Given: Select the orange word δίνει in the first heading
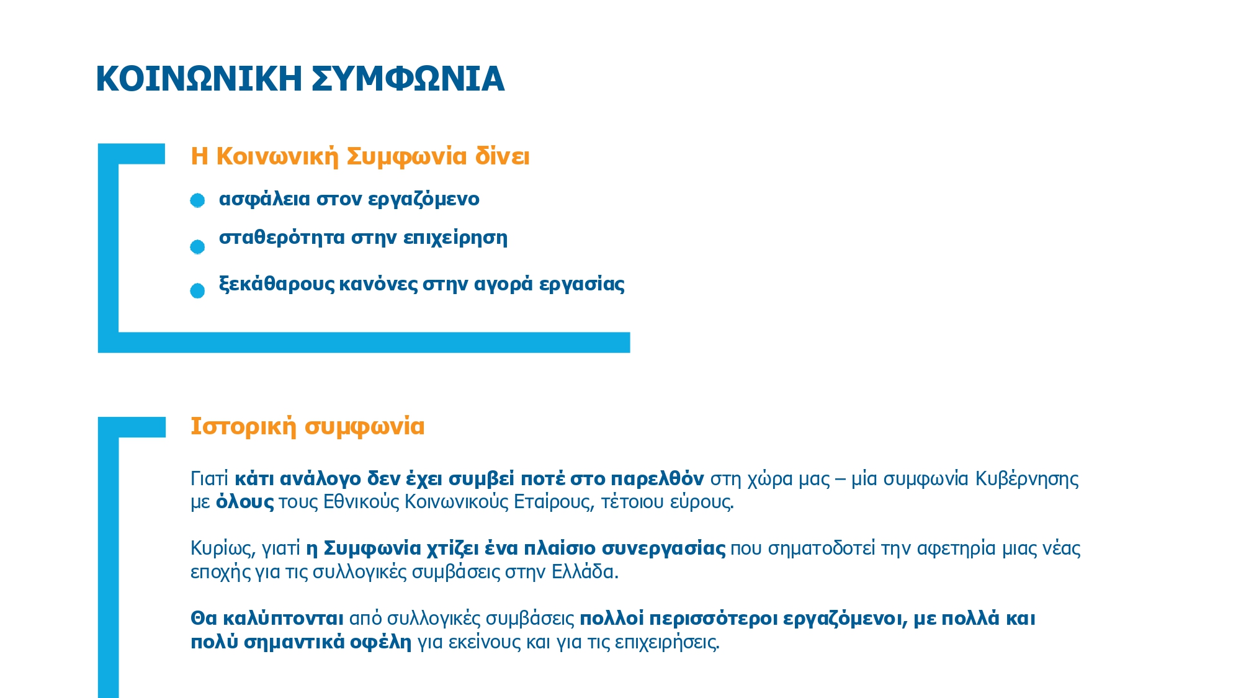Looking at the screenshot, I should click(502, 156).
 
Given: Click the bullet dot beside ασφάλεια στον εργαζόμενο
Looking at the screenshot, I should click(197, 200).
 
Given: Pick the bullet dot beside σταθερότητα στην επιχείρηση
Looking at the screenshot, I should click(197, 247).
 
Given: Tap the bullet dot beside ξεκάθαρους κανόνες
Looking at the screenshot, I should click(197, 291).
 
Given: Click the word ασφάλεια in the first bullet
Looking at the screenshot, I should click(264, 199).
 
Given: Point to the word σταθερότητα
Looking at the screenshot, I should click(282, 238).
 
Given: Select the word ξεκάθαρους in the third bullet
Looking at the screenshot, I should click(277, 284).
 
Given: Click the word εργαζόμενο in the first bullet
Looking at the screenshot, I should click(423, 199).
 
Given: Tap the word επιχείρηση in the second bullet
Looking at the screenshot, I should click(455, 238).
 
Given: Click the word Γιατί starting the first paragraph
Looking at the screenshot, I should click(209, 479).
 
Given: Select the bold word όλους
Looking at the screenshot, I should click(244, 502).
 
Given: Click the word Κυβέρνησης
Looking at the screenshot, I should click(1027, 479).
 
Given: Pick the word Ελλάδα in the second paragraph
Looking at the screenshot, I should click(585, 571).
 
